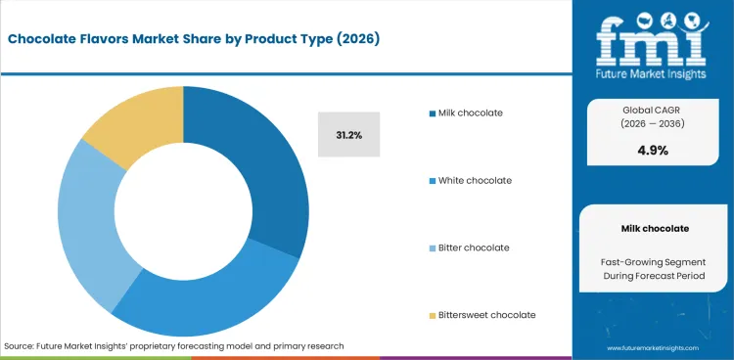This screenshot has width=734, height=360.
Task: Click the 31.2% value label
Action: [x=348, y=135]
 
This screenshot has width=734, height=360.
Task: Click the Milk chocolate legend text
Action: [x=471, y=112]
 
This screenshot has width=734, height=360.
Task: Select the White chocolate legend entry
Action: [x=474, y=180]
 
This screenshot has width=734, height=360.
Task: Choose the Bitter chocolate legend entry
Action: [x=474, y=247]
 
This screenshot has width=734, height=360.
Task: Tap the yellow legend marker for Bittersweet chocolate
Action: [x=431, y=315]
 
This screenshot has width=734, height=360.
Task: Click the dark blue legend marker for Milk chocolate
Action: [x=431, y=112]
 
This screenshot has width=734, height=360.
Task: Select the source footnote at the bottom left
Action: [x=174, y=346]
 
